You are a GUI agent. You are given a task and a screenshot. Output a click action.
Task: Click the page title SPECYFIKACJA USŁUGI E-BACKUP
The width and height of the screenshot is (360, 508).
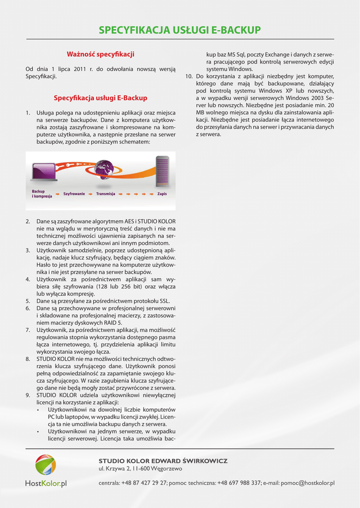pyautogui.click(x=180, y=30)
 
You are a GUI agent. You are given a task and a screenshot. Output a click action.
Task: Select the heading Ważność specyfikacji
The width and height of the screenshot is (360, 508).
pyautogui.click(x=100, y=54)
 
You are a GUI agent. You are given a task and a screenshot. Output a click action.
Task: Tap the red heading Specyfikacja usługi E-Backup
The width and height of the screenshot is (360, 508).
pyautogui.click(x=100, y=98)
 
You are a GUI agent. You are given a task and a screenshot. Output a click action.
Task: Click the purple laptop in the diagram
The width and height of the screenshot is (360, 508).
pyautogui.click(x=44, y=172)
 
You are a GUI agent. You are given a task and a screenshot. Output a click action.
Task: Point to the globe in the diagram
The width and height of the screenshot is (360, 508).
pyautogui.click(x=104, y=169)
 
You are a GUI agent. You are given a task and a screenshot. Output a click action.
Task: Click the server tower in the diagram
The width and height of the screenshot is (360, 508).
pyautogui.click(x=162, y=172)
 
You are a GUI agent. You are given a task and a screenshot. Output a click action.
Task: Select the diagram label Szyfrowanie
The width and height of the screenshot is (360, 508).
pyautogui.click(x=74, y=193)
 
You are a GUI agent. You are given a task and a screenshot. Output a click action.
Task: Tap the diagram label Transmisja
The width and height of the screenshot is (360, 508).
pyautogui.click(x=106, y=193)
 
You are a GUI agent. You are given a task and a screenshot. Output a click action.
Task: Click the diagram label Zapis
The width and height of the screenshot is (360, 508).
pyautogui.click(x=162, y=193)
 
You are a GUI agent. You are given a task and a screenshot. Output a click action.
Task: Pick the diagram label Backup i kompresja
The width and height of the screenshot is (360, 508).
pyautogui.click(x=39, y=193)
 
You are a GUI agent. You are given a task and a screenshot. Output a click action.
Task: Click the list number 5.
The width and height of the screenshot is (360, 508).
pyautogui.click(x=28, y=301)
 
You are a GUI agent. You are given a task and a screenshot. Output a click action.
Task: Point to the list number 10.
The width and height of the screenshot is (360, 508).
pyautogui.click(x=189, y=76)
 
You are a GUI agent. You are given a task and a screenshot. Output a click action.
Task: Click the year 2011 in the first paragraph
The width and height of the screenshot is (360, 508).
pyautogui.click(x=80, y=69)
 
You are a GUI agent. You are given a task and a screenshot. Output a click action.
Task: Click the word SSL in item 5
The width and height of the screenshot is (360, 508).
pyautogui.click(x=164, y=301)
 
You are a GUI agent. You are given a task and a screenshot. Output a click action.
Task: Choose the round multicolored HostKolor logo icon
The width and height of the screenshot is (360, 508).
pyautogui.click(x=46, y=465)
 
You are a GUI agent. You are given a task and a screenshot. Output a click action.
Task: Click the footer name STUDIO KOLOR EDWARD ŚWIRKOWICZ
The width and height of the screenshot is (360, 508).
pyautogui.click(x=163, y=461)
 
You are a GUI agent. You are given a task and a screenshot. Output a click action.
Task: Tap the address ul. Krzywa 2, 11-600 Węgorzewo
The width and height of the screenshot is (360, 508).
pyautogui.click(x=141, y=469)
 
